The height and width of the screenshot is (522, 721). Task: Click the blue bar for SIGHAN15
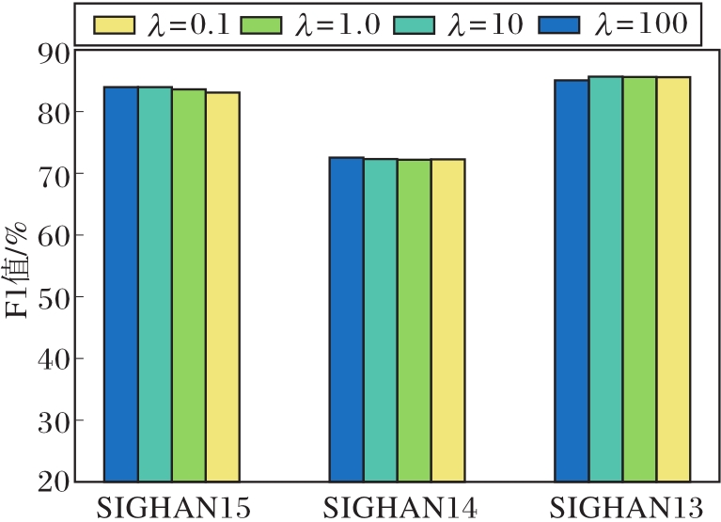point(121,283)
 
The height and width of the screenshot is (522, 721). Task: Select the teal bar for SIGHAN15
point(155,283)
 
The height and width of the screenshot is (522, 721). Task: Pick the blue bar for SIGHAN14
point(347,319)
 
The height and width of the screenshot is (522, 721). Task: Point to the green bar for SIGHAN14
point(415,320)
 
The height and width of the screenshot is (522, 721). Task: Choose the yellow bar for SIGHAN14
point(448,320)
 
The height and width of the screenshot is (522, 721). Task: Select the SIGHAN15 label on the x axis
point(175,509)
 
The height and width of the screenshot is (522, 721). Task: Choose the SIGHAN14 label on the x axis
point(399,509)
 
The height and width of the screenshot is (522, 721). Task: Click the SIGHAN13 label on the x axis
point(625,509)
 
